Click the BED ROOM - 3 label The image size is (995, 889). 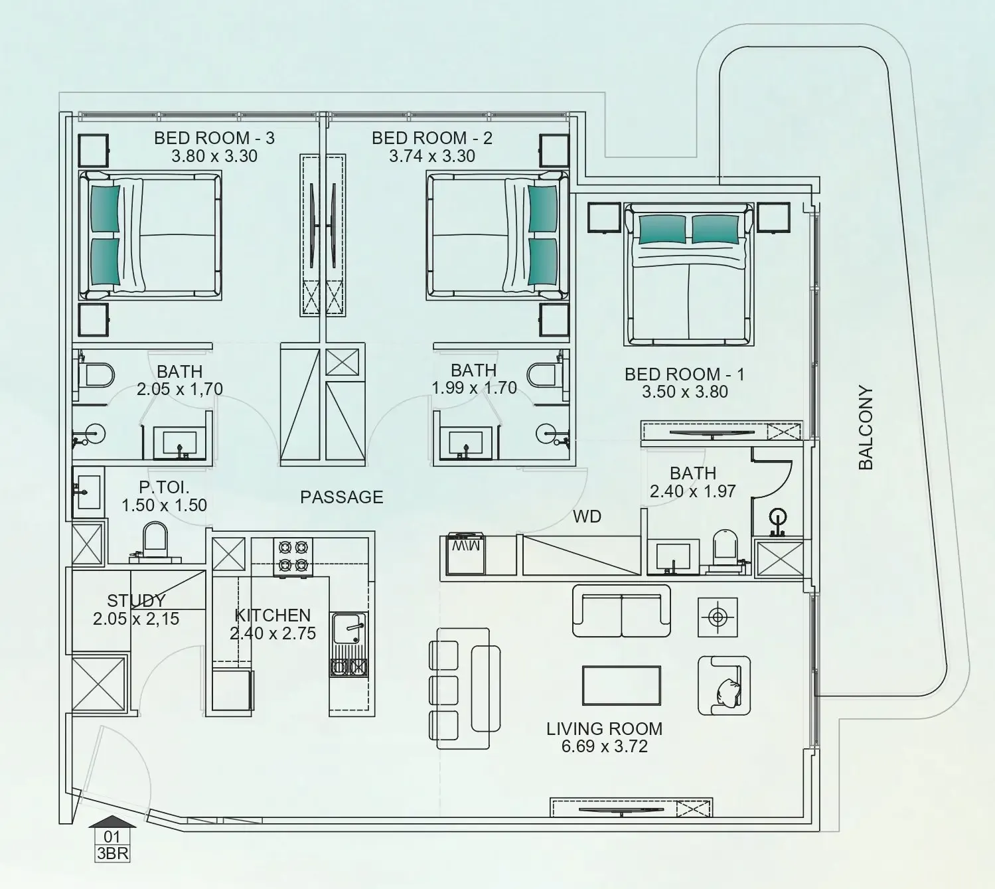(x=214, y=138)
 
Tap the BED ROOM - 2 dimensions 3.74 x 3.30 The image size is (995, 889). (x=431, y=156)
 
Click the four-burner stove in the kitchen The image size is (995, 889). (x=293, y=556)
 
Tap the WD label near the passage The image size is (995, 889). (x=587, y=516)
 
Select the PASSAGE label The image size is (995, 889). (x=341, y=497)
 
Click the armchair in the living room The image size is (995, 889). (x=724, y=685)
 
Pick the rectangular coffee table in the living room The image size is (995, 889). (x=621, y=685)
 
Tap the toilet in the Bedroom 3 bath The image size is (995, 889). (x=97, y=376)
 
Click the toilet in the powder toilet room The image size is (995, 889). (x=155, y=538)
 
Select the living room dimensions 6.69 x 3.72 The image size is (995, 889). (x=604, y=746)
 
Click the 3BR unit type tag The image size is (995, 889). (x=112, y=853)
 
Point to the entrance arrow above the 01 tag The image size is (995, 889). (x=112, y=821)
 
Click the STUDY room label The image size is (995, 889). (x=136, y=601)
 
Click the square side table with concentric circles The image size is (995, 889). (x=717, y=617)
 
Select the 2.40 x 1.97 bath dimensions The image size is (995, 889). (x=692, y=491)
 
